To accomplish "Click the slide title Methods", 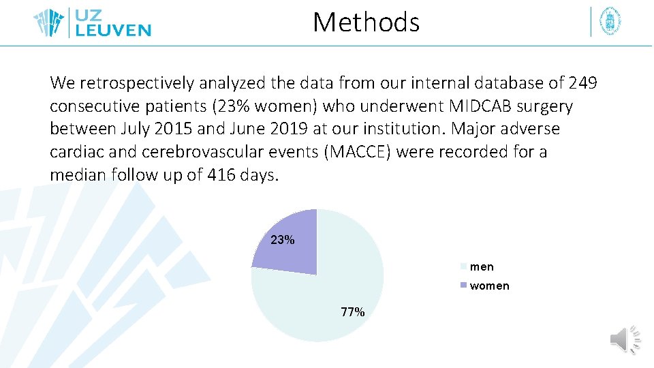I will click(x=366, y=22).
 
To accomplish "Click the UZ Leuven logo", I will click(x=93, y=22).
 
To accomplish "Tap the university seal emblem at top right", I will click(x=610, y=22).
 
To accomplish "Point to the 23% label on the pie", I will click(x=283, y=240).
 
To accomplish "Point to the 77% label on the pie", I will click(x=353, y=312).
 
